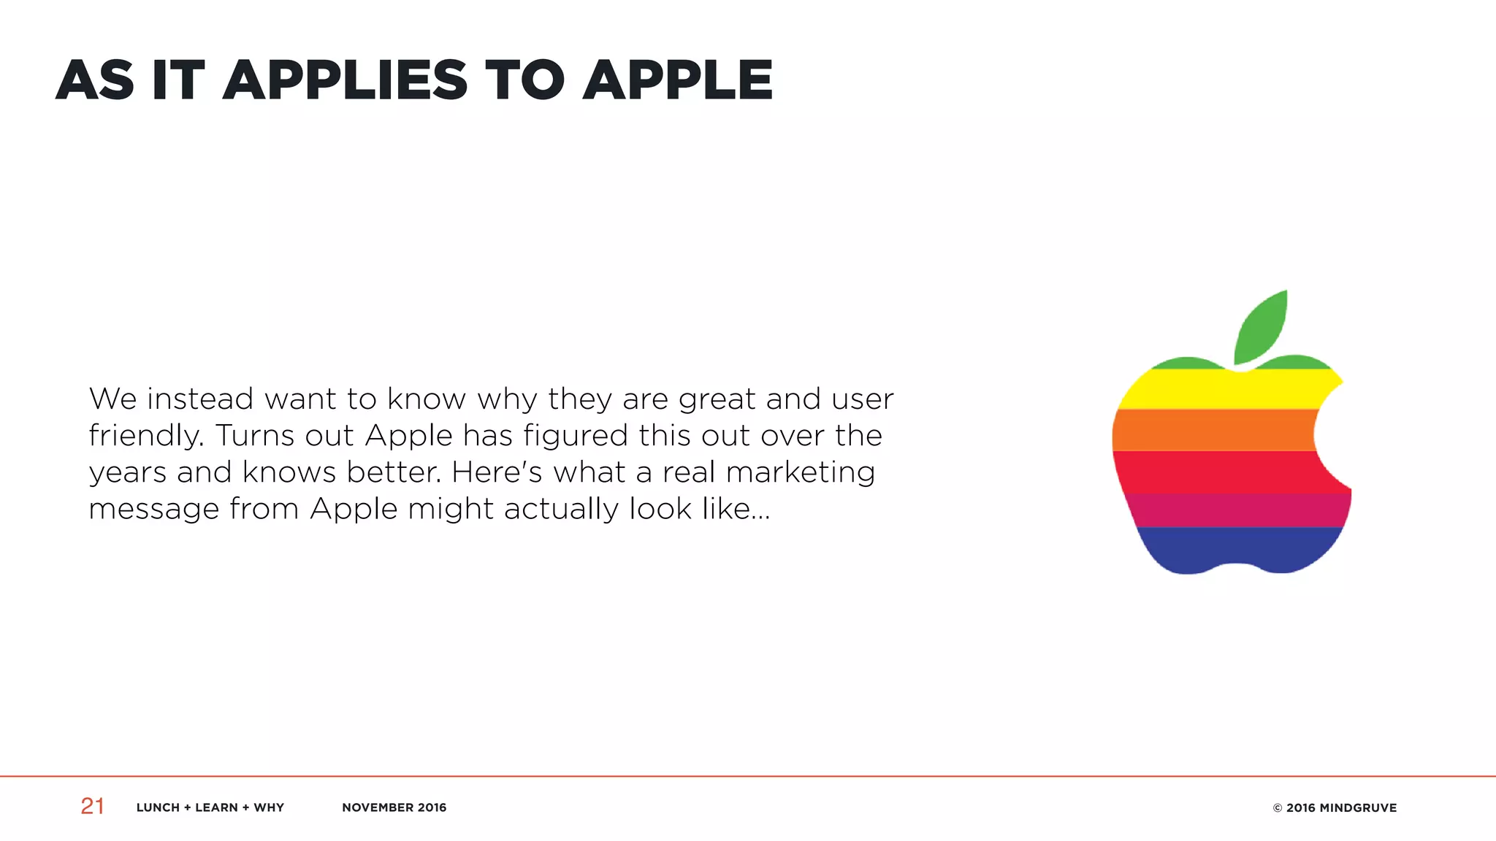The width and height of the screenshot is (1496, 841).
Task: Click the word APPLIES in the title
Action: (345, 80)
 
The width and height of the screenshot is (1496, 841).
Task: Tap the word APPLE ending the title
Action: (677, 80)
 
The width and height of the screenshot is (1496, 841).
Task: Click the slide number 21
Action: (92, 806)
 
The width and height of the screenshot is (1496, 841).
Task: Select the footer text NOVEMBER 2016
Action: (394, 807)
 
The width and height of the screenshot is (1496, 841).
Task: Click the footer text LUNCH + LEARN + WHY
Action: (210, 807)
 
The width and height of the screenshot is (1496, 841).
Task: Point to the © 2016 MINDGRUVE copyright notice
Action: (1334, 807)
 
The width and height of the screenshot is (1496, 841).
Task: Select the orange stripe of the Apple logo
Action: (1213, 430)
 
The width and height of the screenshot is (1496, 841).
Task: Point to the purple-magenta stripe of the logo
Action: (1234, 510)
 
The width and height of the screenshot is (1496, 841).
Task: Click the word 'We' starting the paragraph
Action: (112, 399)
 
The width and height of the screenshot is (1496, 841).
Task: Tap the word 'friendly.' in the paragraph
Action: (145, 437)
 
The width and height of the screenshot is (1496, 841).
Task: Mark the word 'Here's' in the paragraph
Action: (497, 472)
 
